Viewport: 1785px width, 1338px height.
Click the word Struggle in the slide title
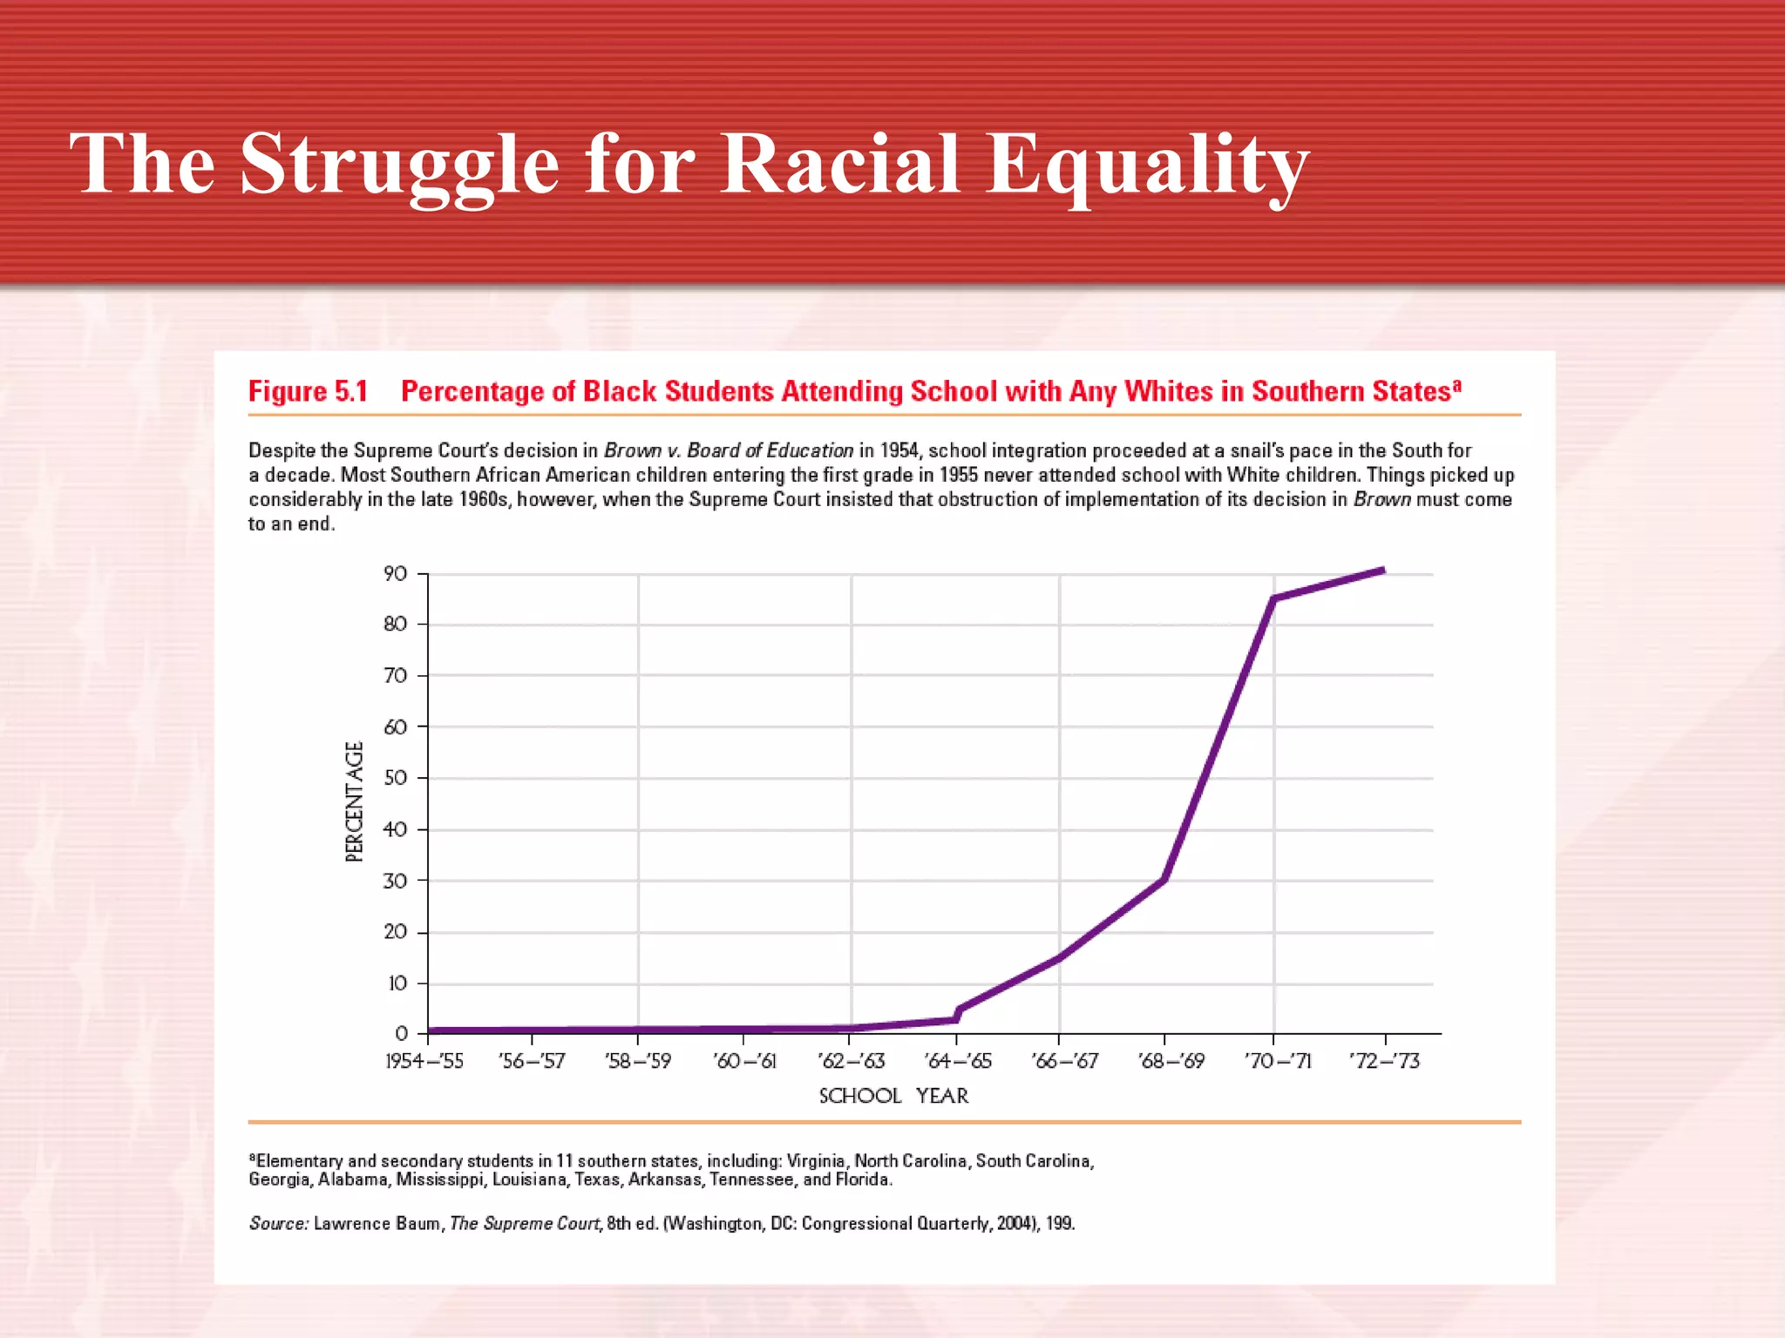398,166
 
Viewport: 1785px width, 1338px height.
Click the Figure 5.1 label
308,392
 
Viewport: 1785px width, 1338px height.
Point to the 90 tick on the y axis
395,573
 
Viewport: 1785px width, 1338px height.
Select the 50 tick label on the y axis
395,778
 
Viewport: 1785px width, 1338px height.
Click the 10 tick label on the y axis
397,983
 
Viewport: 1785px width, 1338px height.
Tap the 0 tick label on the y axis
401,1034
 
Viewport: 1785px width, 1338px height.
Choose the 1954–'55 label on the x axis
424,1061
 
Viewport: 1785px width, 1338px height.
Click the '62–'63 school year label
851,1061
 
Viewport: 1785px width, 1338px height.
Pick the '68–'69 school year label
1171,1061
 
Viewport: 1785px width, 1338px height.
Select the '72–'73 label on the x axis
1384,1061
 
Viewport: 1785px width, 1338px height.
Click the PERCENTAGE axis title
354,801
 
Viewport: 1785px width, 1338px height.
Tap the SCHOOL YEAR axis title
893,1096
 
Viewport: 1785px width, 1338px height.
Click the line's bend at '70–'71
1273,599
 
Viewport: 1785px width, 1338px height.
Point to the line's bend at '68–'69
1164,879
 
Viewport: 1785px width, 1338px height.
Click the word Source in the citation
278,1224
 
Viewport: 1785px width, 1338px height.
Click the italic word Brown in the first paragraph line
632,450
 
